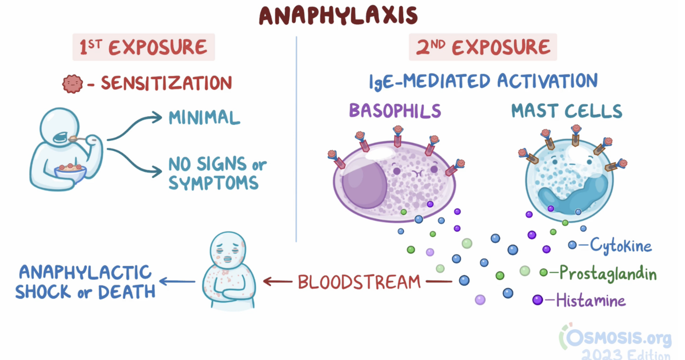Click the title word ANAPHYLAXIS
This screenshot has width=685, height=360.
click(x=338, y=15)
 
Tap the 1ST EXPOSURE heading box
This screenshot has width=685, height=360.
click(x=143, y=48)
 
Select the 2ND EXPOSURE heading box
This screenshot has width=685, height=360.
click(x=482, y=48)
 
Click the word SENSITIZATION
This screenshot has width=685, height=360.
click(x=166, y=83)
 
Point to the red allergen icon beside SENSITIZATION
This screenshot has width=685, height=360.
click(x=72, y=83)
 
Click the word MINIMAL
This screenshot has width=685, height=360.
click(x=204, y=118)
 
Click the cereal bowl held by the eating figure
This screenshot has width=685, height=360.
click(x=70, y=172)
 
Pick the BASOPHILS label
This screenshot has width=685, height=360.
click(x=395, y=111)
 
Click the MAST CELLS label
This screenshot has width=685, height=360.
click(x=566, y=111)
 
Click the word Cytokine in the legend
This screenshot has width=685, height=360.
click(x=620, y=245)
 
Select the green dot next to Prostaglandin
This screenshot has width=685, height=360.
click(x=543, y=272)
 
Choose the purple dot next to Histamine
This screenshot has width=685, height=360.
click(x=537, y=299)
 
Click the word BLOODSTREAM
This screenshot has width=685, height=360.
click(x=359, y=281)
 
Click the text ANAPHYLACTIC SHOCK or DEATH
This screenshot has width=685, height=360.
click(x=85, y=281)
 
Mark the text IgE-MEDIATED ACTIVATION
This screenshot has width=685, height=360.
click(x=483, y=81)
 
